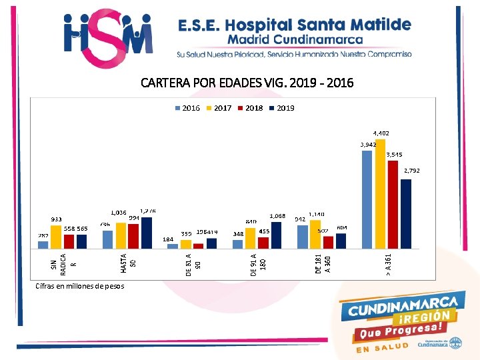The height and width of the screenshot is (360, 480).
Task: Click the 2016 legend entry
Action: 187,108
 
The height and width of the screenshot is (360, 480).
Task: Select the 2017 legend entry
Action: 219,108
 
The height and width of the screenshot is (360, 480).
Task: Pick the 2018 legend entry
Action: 250,108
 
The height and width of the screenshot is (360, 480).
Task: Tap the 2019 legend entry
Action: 281,108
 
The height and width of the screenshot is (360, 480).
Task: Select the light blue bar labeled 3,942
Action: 367,199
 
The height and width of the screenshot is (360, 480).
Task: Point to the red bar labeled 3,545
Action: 393,205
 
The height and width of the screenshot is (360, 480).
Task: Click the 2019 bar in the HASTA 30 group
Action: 147,233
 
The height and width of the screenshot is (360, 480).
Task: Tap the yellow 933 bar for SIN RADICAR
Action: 56,237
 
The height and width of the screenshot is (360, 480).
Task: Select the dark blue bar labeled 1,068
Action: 277,235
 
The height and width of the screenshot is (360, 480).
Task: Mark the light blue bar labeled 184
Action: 173,246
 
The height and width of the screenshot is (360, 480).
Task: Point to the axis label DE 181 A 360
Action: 323,261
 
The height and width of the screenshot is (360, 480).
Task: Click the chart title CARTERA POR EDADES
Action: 247,83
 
